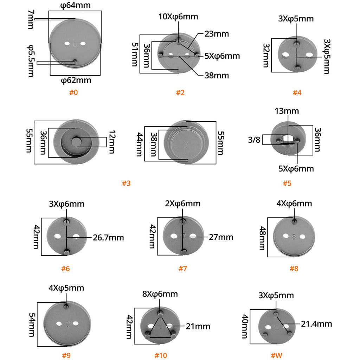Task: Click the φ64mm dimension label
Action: tap(75, 5)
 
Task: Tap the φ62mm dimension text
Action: tap(76, 81)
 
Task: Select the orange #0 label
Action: tap(73, 92)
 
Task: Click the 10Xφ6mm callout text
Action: tap(178, 17)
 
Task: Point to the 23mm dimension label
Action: tap(217, 34)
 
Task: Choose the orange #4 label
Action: tap(297, 92)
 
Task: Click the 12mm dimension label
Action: tap(112, 142)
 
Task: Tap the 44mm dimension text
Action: tap(140, 144)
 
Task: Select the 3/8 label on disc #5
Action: tap(254, 140)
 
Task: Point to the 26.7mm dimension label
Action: tap(108, 237)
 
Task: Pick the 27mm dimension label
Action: tap(221, 237)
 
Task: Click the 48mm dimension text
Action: tap(262, 238)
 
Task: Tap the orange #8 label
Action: tap(294, 268)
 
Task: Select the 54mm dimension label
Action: tap(32, 324)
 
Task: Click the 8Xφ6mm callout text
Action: tap(160, 294)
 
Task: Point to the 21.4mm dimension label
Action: tap(316, 324)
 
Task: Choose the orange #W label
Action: tap(276, 355)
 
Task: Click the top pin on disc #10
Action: tap(160, 313)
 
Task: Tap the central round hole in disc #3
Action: tap(76, 141)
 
